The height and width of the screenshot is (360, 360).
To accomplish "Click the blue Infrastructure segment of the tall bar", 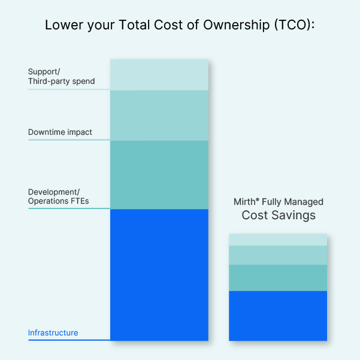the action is pyautogui.click(x=159, y=275).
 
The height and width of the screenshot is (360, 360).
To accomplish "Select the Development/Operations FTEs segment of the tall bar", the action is pyautogui.click(x=159, y=175).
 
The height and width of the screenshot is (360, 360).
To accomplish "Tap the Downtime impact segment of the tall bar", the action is pyautogui.click(x=159, y=116).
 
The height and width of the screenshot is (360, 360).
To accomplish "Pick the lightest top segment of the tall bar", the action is pyautogui.click(x=159, y=75).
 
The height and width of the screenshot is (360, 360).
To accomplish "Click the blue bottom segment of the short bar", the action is pyautogui.click(x=278, y=316).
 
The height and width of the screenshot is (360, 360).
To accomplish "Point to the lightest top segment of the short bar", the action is pyautogui.click(x=278, y=240).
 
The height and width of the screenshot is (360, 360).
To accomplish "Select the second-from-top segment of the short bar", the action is pyautogui.click(x=278, y=255).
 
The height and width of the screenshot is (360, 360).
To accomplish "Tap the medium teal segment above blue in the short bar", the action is pyautogui.click(x=278, y=278).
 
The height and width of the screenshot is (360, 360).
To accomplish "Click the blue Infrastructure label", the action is pyautogui.click(x=53, y=332).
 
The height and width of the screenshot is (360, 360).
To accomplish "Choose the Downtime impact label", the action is pyautogui.click(x=60, y=132).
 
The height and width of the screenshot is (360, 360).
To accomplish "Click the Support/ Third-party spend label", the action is pyautogui.click(x=61, y=77).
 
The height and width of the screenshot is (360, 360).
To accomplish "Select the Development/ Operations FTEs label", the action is pyautogui.click(x=58, y=196).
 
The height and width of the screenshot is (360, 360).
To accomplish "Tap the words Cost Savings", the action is pyautogui.click(x=279, y=216).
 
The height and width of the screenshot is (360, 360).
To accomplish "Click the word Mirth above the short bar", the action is pyautogui.click(x=244, y=202).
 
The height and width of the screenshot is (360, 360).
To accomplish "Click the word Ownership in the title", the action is pyautogui.click(x=237, y=25).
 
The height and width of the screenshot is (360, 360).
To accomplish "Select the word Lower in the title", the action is pyautogui.click(x=64, y=25).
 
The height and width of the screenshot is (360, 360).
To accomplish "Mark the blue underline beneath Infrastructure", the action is pyautogui.click(x=69, y=340).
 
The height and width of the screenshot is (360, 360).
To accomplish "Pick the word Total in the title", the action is pyautogui.click(x=134, y=25).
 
